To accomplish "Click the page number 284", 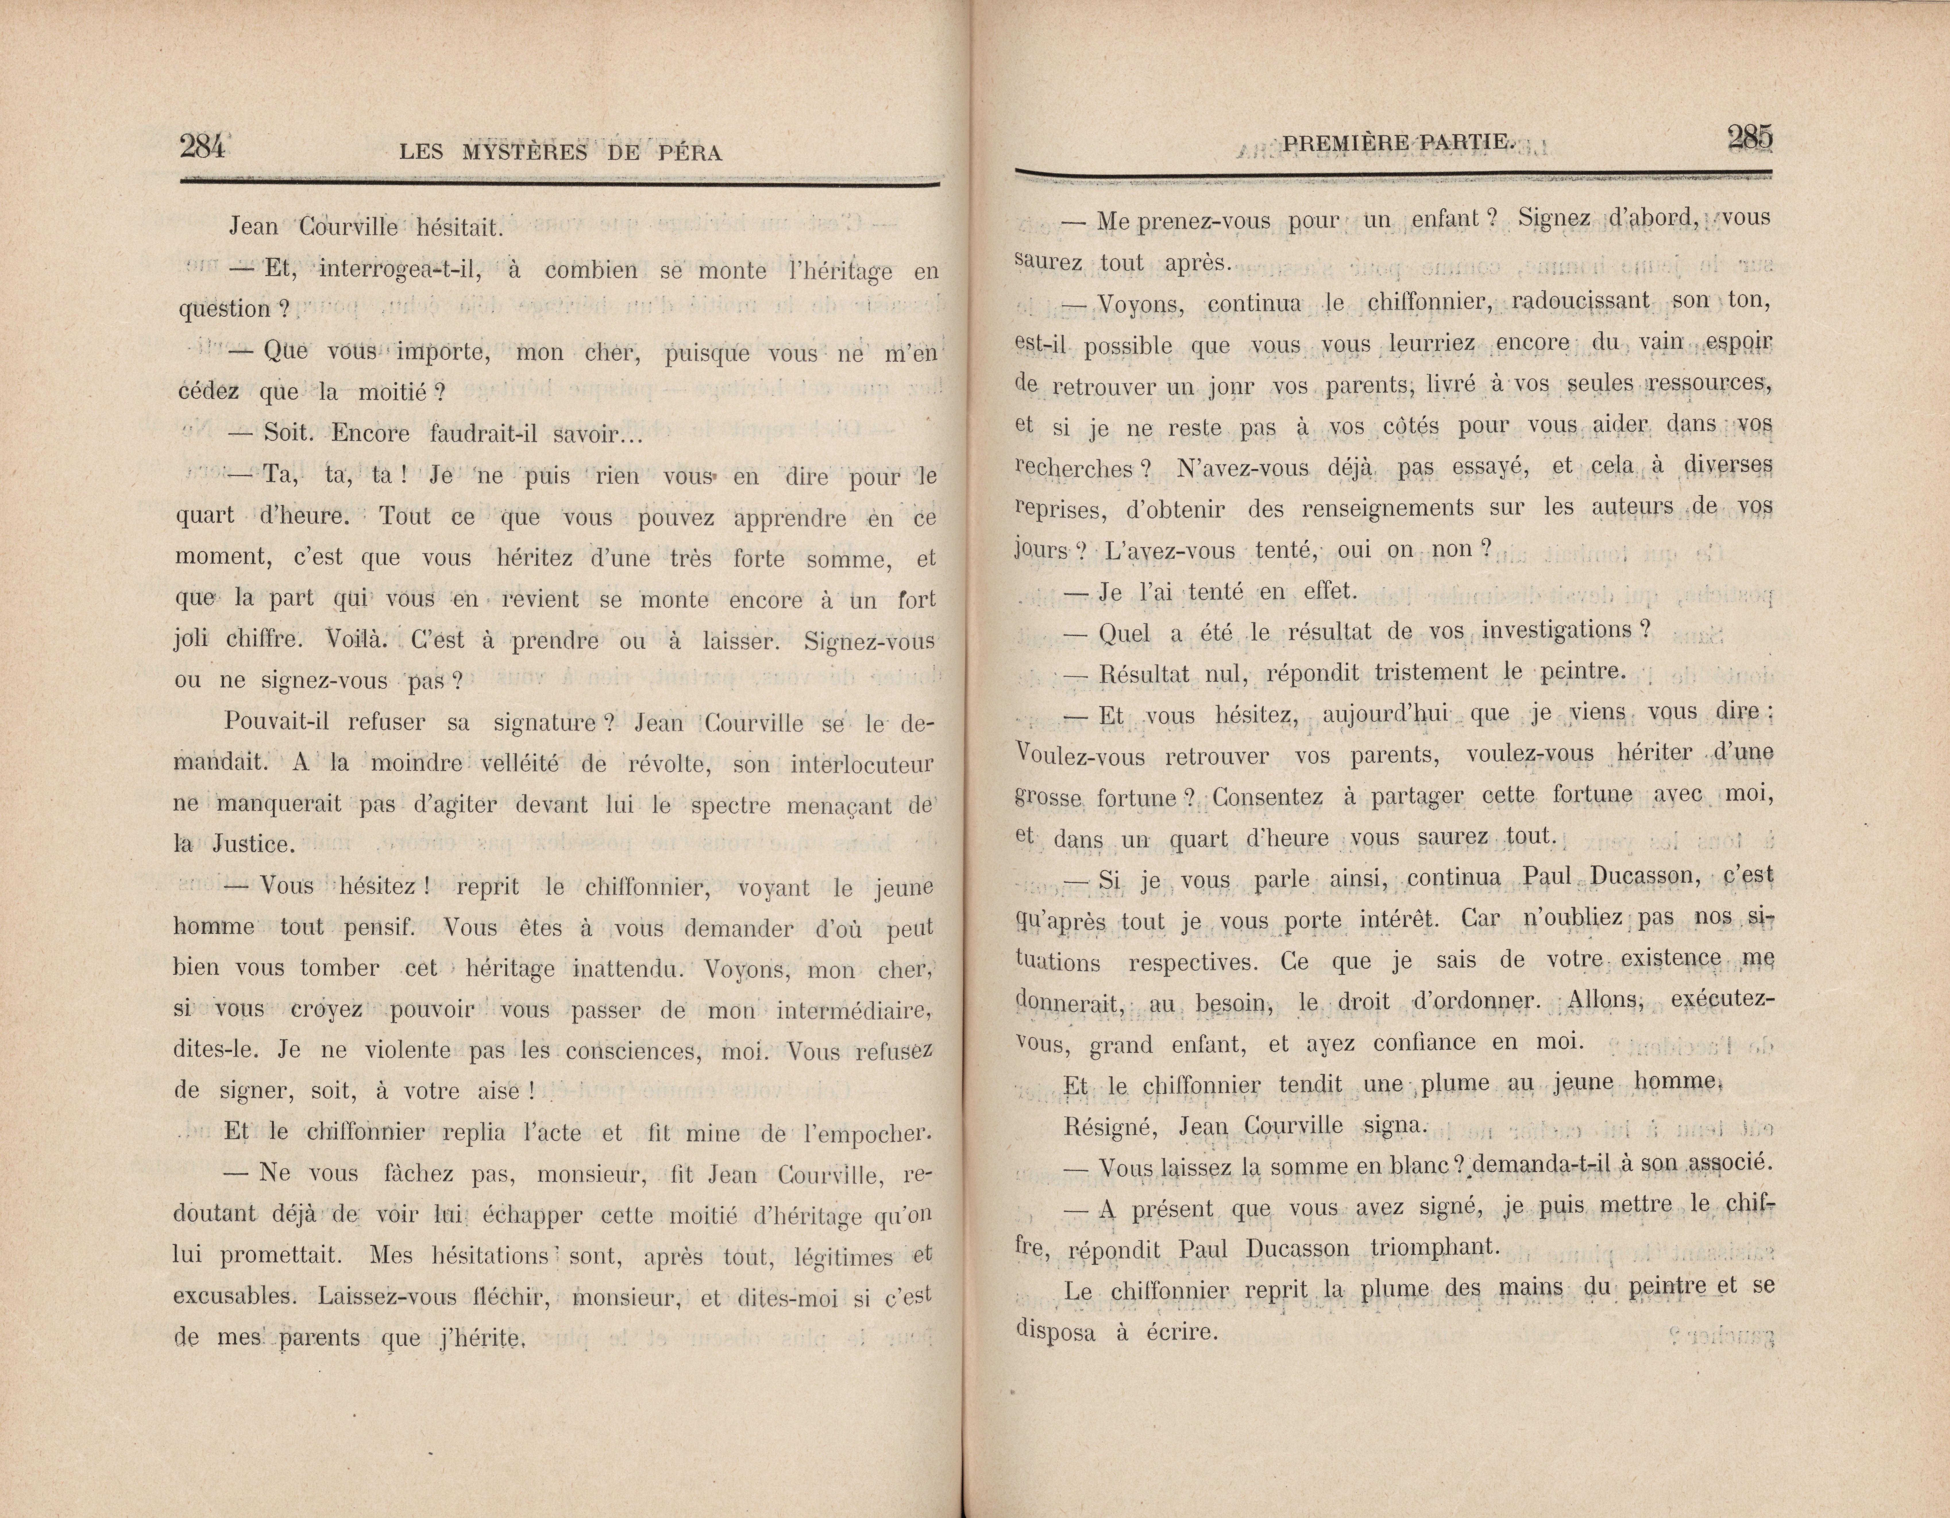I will pyautogui.click(x=202, y=146).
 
